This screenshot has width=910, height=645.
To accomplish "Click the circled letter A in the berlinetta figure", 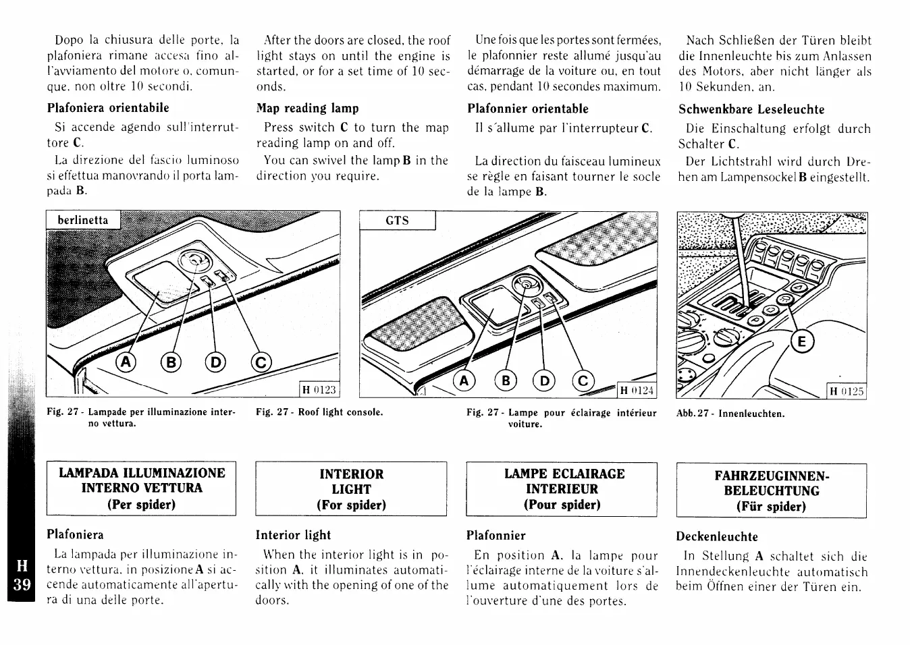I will [126, 363].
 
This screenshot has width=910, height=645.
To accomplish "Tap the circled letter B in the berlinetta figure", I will [171, 363].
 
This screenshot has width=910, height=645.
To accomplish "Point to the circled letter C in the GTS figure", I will [583, 381].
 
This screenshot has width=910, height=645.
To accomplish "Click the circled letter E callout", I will [801, 342].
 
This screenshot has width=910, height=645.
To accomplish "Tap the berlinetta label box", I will [82, 220].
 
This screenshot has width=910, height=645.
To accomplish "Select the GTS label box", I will [397, 220].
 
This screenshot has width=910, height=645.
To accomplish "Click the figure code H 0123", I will [319, 389].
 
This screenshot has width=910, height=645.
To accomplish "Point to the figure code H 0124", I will [637, 391].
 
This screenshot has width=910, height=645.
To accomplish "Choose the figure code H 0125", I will [847, 391].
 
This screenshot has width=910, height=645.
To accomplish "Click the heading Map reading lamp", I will [307, 108].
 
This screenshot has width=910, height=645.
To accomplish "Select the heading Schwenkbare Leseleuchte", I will [751, 109].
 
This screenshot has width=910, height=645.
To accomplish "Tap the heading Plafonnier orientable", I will [527, 109].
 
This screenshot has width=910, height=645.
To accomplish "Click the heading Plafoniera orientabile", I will [108, 107].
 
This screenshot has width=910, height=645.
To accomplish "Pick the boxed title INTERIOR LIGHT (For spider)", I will [351, 489].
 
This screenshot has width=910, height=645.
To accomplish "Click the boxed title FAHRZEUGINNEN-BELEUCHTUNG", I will [771, 490].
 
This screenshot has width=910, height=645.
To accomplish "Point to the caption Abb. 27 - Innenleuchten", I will [730, 414].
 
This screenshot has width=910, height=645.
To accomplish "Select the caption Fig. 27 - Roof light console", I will [319, 412].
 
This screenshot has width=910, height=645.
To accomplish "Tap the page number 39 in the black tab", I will [21, 584].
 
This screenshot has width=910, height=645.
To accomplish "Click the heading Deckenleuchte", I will [717, 537].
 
